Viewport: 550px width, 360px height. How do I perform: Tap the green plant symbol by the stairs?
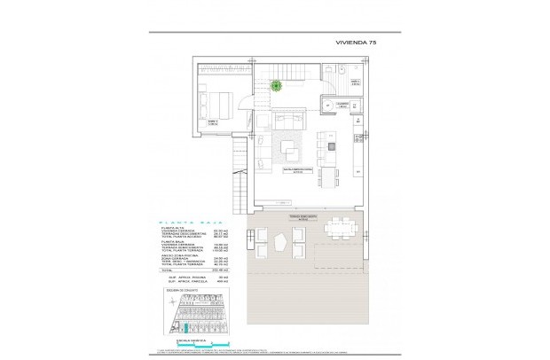(x=278, y=85)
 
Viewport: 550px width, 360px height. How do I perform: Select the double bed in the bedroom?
(x=216, y=99)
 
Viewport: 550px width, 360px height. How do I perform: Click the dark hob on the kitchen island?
(x=330, y=146)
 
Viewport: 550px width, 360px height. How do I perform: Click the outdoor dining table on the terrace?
(x=340, y=228)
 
